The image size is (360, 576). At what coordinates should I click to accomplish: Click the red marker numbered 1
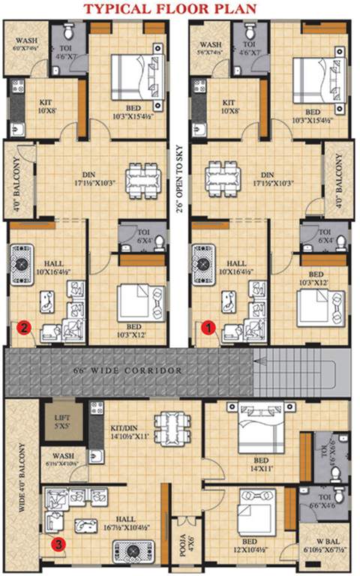211,327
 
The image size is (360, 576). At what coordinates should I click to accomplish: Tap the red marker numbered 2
24,327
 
